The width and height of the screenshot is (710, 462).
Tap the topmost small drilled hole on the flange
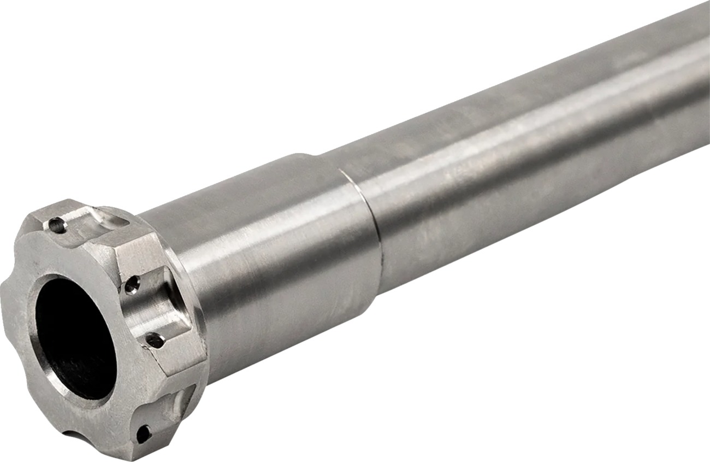(56, 224)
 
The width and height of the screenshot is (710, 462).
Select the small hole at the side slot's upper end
(132, 284)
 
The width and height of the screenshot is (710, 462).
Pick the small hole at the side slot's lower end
(155, 341)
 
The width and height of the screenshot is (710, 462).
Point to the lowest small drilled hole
(143, 433)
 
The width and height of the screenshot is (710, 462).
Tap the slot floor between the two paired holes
(156, 309)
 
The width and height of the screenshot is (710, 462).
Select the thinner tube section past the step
(492, 191)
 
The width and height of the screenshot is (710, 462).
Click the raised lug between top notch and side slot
(134, 252)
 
